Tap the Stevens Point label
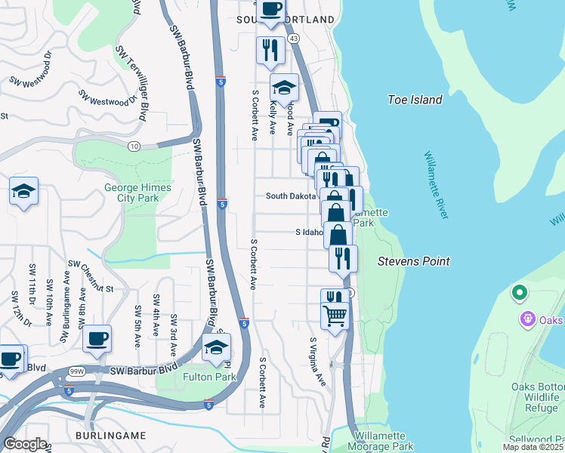pyautogui.click(x=414, y=261)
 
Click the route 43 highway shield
pyautogui.click(x=294, y=38)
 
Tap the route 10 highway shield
pyautogui.click(x=133, y=145)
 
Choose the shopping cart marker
pyautogui.click(x=335, y=314)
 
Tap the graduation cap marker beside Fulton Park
pyautogui.click(x=217, y=347)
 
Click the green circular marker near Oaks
pyautogui.click(x=519, y=292)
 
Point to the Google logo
pyautogui.click(x=25, y=444)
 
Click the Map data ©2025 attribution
pyautogui.click(x=533, y=447)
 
